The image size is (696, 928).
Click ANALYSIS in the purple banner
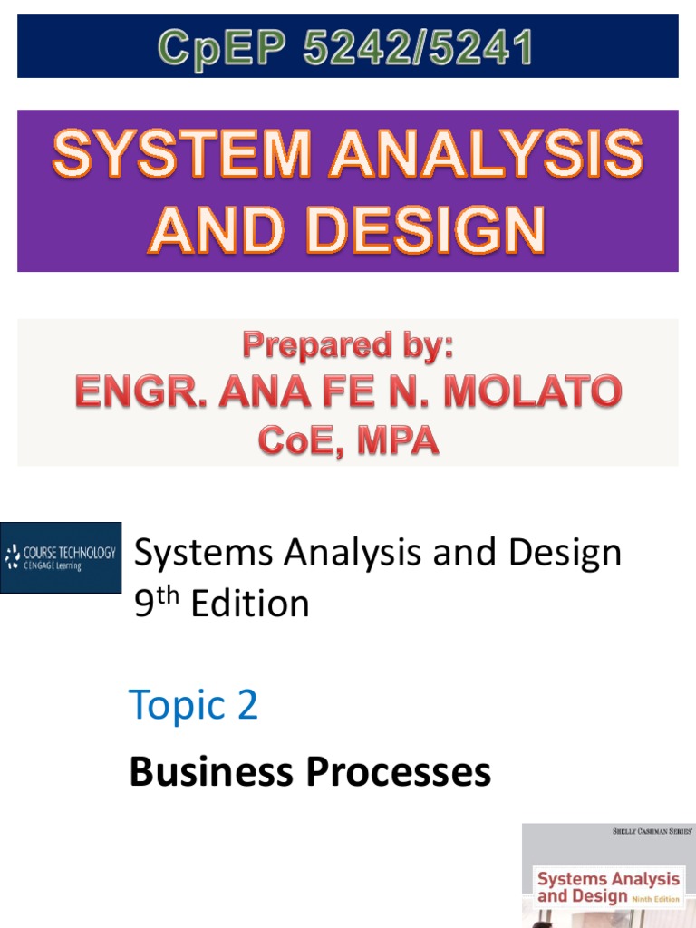[486, 157]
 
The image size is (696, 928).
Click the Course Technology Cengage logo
[61, 557]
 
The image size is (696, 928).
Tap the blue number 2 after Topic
[246, 705]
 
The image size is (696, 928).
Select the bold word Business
[211, 772]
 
